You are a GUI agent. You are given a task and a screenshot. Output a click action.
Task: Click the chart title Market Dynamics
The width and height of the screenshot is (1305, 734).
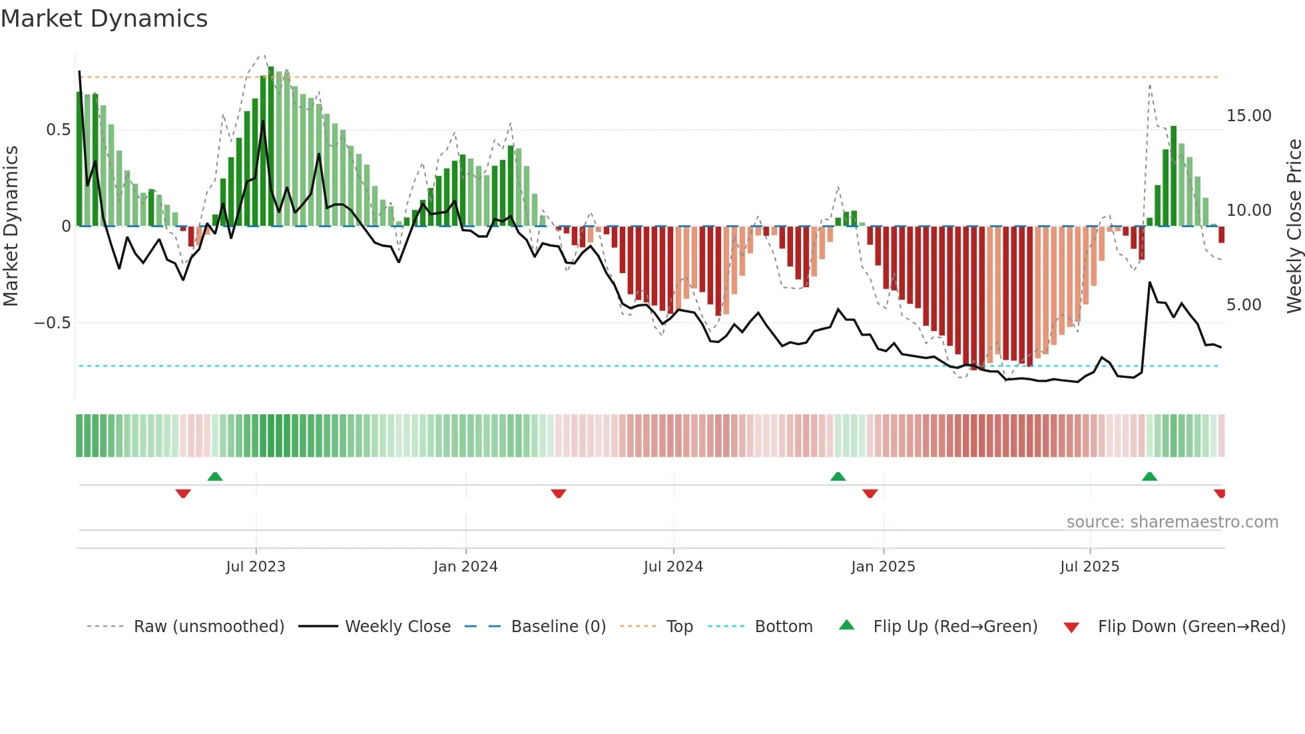tap(104, 19)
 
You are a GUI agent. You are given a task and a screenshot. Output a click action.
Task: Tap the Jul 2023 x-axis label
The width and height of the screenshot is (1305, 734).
tap(256, 567)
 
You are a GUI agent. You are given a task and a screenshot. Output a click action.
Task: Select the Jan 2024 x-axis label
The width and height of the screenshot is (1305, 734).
tap(465, 567)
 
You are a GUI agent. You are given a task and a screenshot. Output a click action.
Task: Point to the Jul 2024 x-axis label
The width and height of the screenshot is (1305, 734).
tap(673, 567)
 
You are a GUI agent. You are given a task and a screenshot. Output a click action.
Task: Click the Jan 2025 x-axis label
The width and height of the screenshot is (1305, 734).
tap(883, 567)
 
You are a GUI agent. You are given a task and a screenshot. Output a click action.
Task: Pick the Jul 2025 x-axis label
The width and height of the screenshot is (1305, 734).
tap(1089, 567)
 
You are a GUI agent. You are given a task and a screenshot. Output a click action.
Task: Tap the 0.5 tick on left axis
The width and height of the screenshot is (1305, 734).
tap(58, 130)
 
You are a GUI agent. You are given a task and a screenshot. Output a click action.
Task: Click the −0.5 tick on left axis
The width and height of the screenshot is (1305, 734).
tap(52, 323)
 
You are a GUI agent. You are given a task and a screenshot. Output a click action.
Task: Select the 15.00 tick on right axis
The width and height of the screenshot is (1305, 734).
tap(1248, 116)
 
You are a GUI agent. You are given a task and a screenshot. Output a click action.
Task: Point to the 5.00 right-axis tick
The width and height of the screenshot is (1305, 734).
tap(1244, 305)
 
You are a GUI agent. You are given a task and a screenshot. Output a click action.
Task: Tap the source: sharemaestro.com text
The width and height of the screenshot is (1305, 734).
tap(1172, 522)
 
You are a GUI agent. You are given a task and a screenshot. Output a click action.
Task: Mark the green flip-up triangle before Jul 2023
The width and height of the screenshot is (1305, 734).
tap(215, 477)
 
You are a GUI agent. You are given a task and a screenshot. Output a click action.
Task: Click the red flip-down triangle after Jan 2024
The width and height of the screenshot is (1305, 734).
tap(559, 494)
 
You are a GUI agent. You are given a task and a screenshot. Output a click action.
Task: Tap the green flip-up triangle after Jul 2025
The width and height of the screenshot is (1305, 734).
tap(1149, 477)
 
